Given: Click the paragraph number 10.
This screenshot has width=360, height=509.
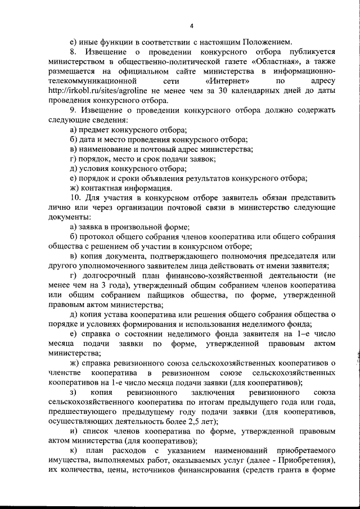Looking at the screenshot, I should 76,198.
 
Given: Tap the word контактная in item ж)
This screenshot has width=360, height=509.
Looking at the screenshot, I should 101,188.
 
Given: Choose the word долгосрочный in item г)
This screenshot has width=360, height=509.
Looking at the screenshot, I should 111,276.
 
